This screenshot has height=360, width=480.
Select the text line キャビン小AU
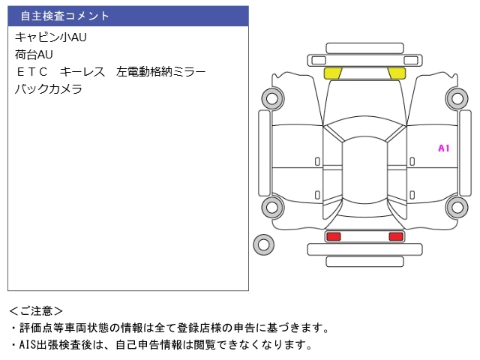point(51,37)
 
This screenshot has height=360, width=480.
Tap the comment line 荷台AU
point(34,54)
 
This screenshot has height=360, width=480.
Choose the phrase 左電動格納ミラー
point(160,72)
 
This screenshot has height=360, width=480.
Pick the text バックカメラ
point(48,89)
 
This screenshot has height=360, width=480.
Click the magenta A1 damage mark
point(443,148)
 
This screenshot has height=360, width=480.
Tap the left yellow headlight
point(332,73)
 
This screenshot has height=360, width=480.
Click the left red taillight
point(333,236)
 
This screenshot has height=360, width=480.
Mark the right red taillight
point(395,236)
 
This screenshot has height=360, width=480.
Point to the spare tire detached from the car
point(263,243)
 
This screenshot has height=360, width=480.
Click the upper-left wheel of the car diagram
point(271,97)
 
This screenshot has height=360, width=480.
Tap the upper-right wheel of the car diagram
point(456,97)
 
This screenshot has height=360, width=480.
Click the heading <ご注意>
point(36,310)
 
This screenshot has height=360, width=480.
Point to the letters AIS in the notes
point(28,345)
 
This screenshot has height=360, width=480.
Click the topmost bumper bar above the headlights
point(364,47)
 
